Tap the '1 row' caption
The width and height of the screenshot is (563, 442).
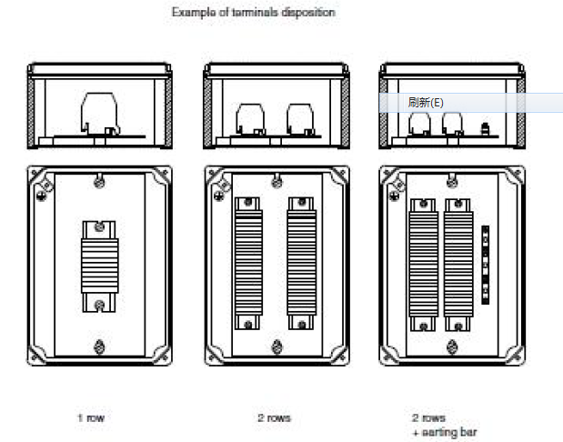coord(91,418)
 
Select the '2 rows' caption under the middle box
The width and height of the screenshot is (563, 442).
coord(274,418)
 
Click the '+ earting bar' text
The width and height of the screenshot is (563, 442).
coord(443,432)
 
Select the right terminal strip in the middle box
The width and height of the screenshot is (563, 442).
coord(301,264)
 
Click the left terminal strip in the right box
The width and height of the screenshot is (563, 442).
coord(425,264)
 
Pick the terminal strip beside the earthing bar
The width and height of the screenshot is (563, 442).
coord(458,264)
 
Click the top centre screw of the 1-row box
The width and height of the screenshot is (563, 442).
coord(100,183)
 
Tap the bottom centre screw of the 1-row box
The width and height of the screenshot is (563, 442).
coord(100,345)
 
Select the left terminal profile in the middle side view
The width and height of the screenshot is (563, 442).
coord(249,119)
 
